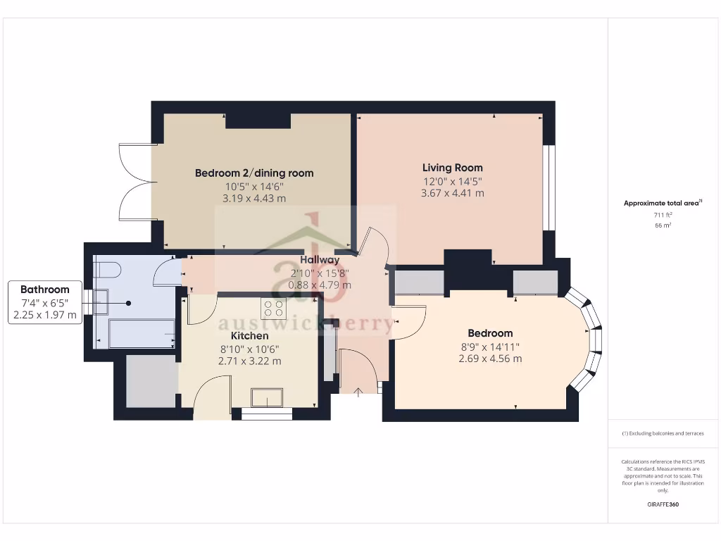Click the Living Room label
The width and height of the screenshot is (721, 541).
pos(452,168)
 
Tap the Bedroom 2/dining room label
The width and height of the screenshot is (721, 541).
pos(254,173)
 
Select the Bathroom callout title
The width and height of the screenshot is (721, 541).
pos(45,290)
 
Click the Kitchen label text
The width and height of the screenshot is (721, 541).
pos(249,336)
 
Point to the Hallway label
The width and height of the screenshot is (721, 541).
pos(320,260)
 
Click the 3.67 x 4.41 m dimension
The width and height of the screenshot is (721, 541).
pos(452,193)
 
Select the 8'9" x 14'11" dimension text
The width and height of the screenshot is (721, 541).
pos(490,346)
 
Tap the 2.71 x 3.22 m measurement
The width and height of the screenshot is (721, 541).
pos(249,361)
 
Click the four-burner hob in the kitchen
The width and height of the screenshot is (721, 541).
pos(273,308)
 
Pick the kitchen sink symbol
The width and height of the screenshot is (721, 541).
pos(268,398)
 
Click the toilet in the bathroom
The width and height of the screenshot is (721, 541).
pos(105,268)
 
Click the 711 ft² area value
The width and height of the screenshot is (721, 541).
pos(662,215)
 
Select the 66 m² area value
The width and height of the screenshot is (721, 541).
pos(662,225)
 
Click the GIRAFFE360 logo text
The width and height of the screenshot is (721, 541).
pos(662,504)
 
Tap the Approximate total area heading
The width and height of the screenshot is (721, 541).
pos(662,203)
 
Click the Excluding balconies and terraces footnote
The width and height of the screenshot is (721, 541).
pos(663,433)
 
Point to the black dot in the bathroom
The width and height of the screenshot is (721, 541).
pos(129,303)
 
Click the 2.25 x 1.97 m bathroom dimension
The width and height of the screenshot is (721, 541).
pos(45,315)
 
